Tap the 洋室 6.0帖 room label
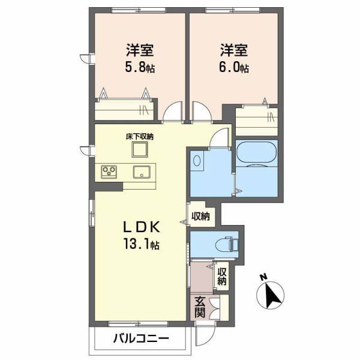pyautogui.click(x=233, y=58)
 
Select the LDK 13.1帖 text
pyautogui.click(x=141, y=235)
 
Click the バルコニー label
pyautogui.click(x=140, y=339)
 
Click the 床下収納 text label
pyautogui.click(x=139, y=137)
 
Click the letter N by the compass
pyautogui.click(x=262, y=277)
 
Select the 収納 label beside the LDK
pyautogui.click(x=200, y=216)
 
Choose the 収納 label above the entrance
pyautogui.click(x=222, y=277)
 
